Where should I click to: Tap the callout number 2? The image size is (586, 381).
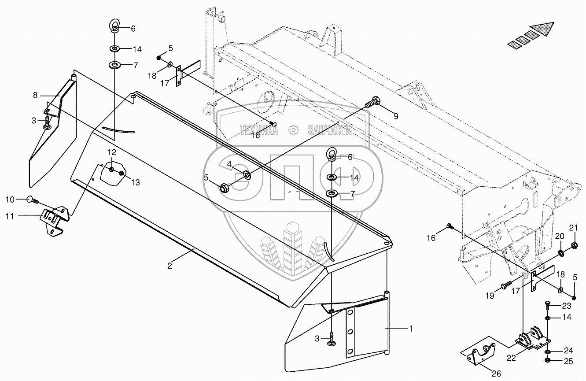(x=169, y=266)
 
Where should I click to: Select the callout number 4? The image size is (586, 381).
(x=229, y=164)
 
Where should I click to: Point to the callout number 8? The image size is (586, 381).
(x=34, y=95)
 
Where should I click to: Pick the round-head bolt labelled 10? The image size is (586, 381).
(x=32, y=200)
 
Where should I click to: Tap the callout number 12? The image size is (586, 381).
(x=112, y=152)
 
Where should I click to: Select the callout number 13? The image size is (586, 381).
(x=135, y=182)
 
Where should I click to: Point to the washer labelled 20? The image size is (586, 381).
(x=562, y=253)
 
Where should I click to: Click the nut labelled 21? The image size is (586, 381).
(x=575, y=245)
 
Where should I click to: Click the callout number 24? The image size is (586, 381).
(x=569, y=351)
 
